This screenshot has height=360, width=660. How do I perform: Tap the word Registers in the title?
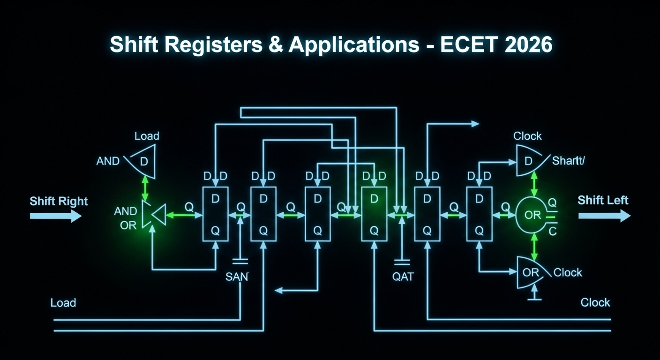213,45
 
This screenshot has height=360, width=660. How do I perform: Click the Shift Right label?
59,201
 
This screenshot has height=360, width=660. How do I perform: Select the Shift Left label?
603,200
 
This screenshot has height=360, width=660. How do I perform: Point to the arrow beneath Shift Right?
56,216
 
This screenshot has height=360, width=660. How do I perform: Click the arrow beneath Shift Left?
604,216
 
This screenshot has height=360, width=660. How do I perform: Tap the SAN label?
237,277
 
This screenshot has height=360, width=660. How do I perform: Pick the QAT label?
403,277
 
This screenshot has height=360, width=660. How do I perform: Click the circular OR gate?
533,215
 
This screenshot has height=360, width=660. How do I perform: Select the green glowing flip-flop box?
374,214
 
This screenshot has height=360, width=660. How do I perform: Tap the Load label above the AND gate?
147,136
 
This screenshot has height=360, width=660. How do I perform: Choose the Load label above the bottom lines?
63,303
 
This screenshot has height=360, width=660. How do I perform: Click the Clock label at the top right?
527,136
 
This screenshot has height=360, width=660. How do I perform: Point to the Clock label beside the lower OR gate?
568,272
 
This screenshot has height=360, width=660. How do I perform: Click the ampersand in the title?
276,45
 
